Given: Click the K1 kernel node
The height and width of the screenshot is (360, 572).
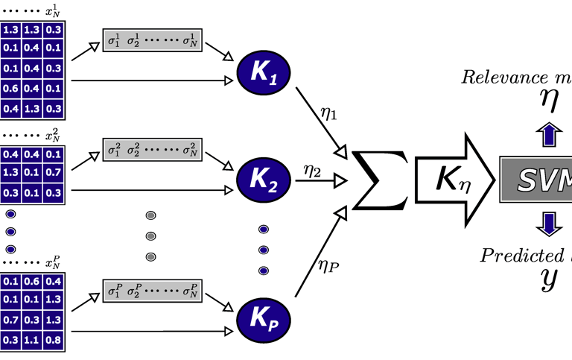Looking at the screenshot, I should pyautogui.click(x=264, y=75).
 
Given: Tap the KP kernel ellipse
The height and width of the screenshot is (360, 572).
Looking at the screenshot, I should pyautogui.click(x=264, y=318).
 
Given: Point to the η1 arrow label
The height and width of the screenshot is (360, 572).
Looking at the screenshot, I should pyautogui.click(x=328, y=116).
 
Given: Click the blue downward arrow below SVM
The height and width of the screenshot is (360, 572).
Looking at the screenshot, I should pyautogui.click(x=549, y=223).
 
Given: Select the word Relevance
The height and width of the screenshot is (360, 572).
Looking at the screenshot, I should pyautogui.click(x=497, y=76).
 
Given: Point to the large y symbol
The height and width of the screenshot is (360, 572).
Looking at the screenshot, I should pyautogui.click(x=549, y=279).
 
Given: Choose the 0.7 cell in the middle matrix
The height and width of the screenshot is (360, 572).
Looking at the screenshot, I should pyautogui.click(x=53, y=173).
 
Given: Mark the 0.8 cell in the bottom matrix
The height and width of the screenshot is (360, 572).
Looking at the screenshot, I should pyautogui.click(x=53, y=340).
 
